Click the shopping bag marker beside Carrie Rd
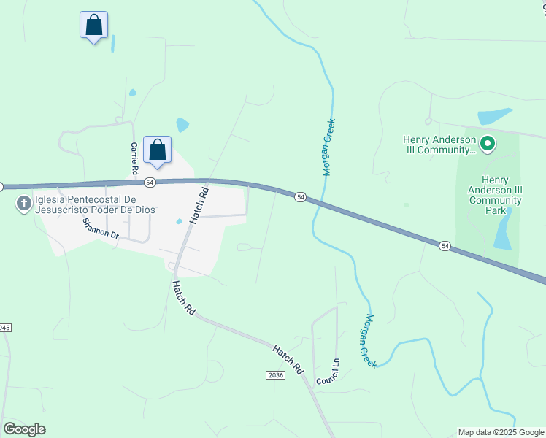tap(157, 150)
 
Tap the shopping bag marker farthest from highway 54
tap(93, 26)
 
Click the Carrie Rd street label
tap(134, 158)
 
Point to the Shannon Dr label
tap(101, 228)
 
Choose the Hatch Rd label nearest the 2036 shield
tap(288, 360)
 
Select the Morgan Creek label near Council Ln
tap(370, 341)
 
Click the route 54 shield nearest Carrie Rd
tap(150, 182)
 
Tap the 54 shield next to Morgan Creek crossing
tap(300, 197)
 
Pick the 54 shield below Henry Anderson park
tap(445, 246)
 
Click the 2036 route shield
tap(274, 374)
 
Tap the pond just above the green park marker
tap(496, 117)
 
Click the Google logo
tap(24, 429)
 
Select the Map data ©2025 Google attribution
tap(500, 432)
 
